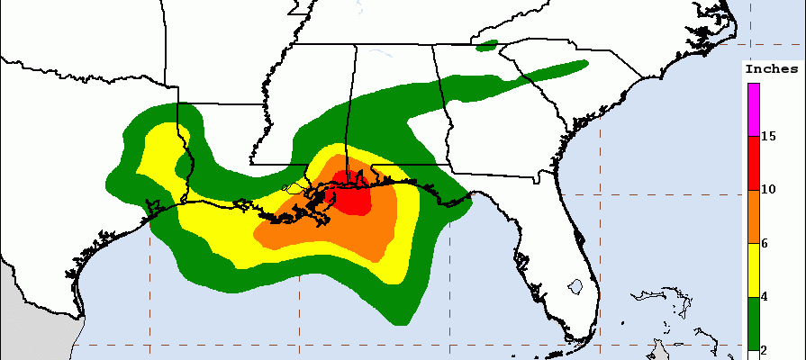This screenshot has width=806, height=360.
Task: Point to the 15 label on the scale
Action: tap(769, 137)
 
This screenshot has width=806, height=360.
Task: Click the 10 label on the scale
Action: tap(769, 190)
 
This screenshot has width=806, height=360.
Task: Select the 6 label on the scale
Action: tap(766, 244)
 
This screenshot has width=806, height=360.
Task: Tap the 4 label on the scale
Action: tap(766, 297)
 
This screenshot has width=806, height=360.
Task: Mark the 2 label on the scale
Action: tap(766, 349)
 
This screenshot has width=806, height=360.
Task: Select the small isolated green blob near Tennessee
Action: tap(487, 43)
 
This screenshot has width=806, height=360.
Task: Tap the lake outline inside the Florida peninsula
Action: tap(575, 288)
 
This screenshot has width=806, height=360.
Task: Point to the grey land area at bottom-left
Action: tap(27, 324)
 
